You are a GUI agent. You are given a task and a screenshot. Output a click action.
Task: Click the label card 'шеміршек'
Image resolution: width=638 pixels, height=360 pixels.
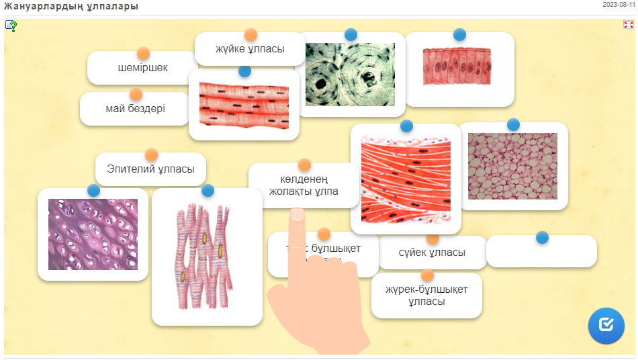[142, 69]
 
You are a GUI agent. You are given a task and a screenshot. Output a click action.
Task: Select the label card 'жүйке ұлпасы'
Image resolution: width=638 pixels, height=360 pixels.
[250, 50]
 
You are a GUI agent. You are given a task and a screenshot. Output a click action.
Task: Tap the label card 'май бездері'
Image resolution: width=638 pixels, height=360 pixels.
[135, 109]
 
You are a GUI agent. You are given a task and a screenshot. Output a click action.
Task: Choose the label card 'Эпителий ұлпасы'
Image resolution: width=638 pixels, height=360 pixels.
[150, 169]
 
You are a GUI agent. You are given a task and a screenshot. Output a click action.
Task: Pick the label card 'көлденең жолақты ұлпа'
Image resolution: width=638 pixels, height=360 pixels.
[304, 185]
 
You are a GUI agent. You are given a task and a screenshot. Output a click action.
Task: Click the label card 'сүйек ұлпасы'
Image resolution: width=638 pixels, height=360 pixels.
[432, 253]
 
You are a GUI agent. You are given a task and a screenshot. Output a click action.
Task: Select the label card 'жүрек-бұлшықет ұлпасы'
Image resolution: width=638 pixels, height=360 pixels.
[426, 296]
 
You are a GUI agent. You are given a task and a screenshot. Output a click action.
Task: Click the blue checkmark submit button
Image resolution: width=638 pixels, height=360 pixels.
[606, 325]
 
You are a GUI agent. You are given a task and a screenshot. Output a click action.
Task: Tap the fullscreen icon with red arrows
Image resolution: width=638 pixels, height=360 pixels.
[629, 25]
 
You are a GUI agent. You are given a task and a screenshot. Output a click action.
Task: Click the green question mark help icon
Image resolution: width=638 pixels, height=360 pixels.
[11, 26]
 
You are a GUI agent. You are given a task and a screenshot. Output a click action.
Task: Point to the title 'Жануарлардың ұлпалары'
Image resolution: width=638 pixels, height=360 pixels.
[71, 7]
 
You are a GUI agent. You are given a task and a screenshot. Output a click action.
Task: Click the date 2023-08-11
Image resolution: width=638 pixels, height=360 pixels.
[619, 4]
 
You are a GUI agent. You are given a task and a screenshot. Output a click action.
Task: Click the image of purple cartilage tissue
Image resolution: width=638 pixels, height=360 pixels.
[93, 234]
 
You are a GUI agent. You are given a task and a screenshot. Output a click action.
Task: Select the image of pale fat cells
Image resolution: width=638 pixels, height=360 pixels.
[512, 166]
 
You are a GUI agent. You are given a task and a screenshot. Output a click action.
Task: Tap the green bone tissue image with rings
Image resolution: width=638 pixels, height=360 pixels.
[350, 75]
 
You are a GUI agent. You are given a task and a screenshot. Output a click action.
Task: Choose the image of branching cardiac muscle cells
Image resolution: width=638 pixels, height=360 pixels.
[207, 258]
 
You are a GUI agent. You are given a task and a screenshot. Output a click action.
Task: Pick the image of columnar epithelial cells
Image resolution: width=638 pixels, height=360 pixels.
[459, 66]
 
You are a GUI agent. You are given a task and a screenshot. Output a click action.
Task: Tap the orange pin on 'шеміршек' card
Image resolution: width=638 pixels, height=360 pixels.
[143, 54]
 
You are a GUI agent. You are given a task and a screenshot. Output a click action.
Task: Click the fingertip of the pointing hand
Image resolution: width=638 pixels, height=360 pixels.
[297, 214]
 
